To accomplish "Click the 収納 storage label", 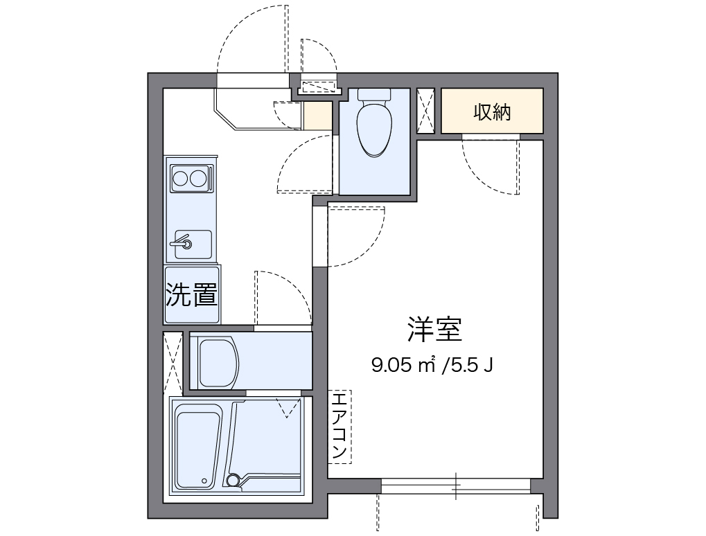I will coord(492,111).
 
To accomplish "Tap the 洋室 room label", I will coord(434,330).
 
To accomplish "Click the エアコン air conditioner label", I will coord(339,427).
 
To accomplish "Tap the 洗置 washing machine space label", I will coord(192,296).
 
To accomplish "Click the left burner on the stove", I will coord(182,178).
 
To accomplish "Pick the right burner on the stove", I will coord(200,178).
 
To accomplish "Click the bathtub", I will coord(198,447).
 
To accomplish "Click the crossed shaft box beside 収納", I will coord(425,111).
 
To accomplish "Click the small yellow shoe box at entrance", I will coord(317,116).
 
